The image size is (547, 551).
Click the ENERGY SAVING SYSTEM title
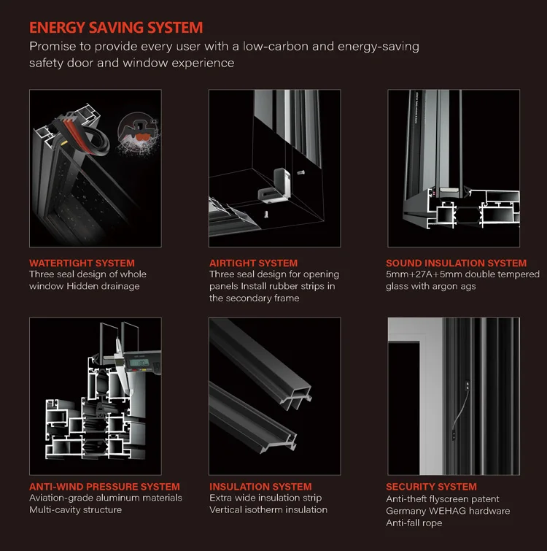[x=116, y=28]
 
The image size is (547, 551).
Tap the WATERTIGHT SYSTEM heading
[x=82, y=263]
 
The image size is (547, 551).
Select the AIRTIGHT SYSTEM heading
[x=253, y=263]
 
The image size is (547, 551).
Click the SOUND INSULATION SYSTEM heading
[x=456, y=263]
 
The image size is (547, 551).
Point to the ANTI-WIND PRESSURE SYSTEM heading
[x=104, y=486]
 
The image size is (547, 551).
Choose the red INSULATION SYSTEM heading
[x=260, y=486]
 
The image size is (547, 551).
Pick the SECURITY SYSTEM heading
[x=431, y=486]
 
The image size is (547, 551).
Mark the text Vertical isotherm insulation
[x=268, y=509]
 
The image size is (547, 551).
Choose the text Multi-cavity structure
[x=76, y=509]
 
